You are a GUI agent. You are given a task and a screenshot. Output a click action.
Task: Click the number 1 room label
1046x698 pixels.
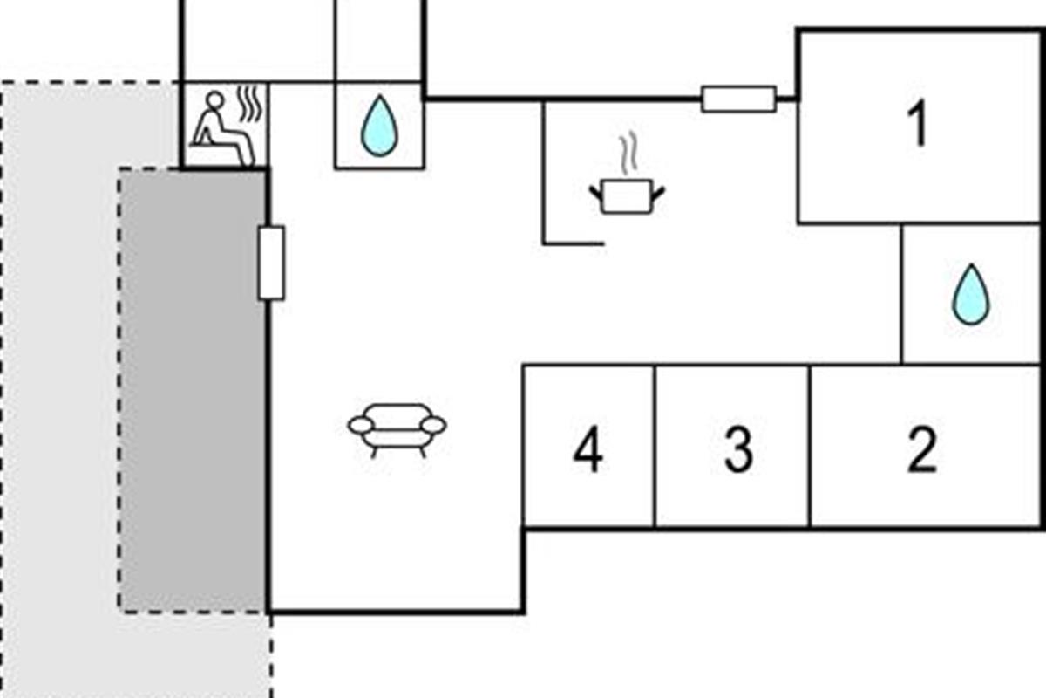coord(918,123)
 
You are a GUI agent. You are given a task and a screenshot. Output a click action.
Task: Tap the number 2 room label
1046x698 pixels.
coord(922,449)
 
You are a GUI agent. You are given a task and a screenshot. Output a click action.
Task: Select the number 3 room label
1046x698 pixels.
coord(738,449)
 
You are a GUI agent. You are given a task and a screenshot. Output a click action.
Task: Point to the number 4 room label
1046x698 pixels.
coord(588,449)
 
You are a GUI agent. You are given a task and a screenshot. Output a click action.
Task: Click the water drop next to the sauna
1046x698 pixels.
coord(380,126)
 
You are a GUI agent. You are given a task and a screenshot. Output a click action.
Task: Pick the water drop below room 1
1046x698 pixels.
coord(971,294)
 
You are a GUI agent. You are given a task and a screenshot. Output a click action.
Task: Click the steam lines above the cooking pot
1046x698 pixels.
coord(628,153)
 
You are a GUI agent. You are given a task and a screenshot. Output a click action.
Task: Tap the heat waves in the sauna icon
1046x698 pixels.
coord(250,103)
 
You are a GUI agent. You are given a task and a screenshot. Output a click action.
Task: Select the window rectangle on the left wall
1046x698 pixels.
coord(271,263)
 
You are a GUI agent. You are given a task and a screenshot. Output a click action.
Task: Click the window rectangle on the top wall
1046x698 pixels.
coord(739,99)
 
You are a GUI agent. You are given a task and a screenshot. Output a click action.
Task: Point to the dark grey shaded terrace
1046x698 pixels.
coord(193,391)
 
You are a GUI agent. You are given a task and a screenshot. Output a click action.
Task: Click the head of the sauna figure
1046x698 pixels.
coord(214,100)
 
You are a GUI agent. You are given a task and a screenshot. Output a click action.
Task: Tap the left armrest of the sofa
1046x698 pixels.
coord(361,426)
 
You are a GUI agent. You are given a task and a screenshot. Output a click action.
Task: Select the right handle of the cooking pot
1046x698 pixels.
coord(657,194)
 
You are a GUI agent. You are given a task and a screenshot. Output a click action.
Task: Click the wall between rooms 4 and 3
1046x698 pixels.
coord(655,446)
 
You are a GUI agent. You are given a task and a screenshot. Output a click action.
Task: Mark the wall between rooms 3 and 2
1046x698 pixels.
coord(810,446)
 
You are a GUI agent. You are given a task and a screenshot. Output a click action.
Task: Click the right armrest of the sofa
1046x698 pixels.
coord(434,426)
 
